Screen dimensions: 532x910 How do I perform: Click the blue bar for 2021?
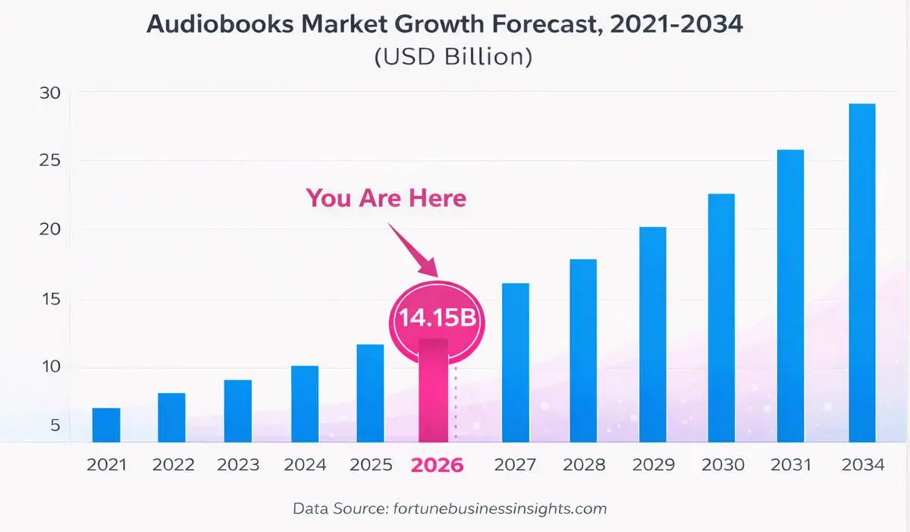click(106, 425)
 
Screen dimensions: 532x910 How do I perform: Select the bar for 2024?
click(305, 404)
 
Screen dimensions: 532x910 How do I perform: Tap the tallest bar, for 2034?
click(861, 273)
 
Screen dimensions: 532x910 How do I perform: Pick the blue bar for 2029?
click(652, 334)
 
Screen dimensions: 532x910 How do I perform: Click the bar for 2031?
click(790, 296)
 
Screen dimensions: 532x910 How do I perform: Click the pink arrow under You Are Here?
click(416, 250)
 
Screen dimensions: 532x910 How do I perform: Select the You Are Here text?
click(386, 198)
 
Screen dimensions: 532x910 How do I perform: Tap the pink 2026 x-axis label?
click(437, 464)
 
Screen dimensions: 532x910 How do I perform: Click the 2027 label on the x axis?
click(516, 464)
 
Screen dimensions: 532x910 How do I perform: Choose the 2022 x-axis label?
click(174, 464)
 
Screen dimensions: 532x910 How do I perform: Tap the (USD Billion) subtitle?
click(453, 57)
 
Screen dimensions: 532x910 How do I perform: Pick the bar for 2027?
click(516, 362)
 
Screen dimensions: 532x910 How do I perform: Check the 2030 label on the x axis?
click(723, 464)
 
